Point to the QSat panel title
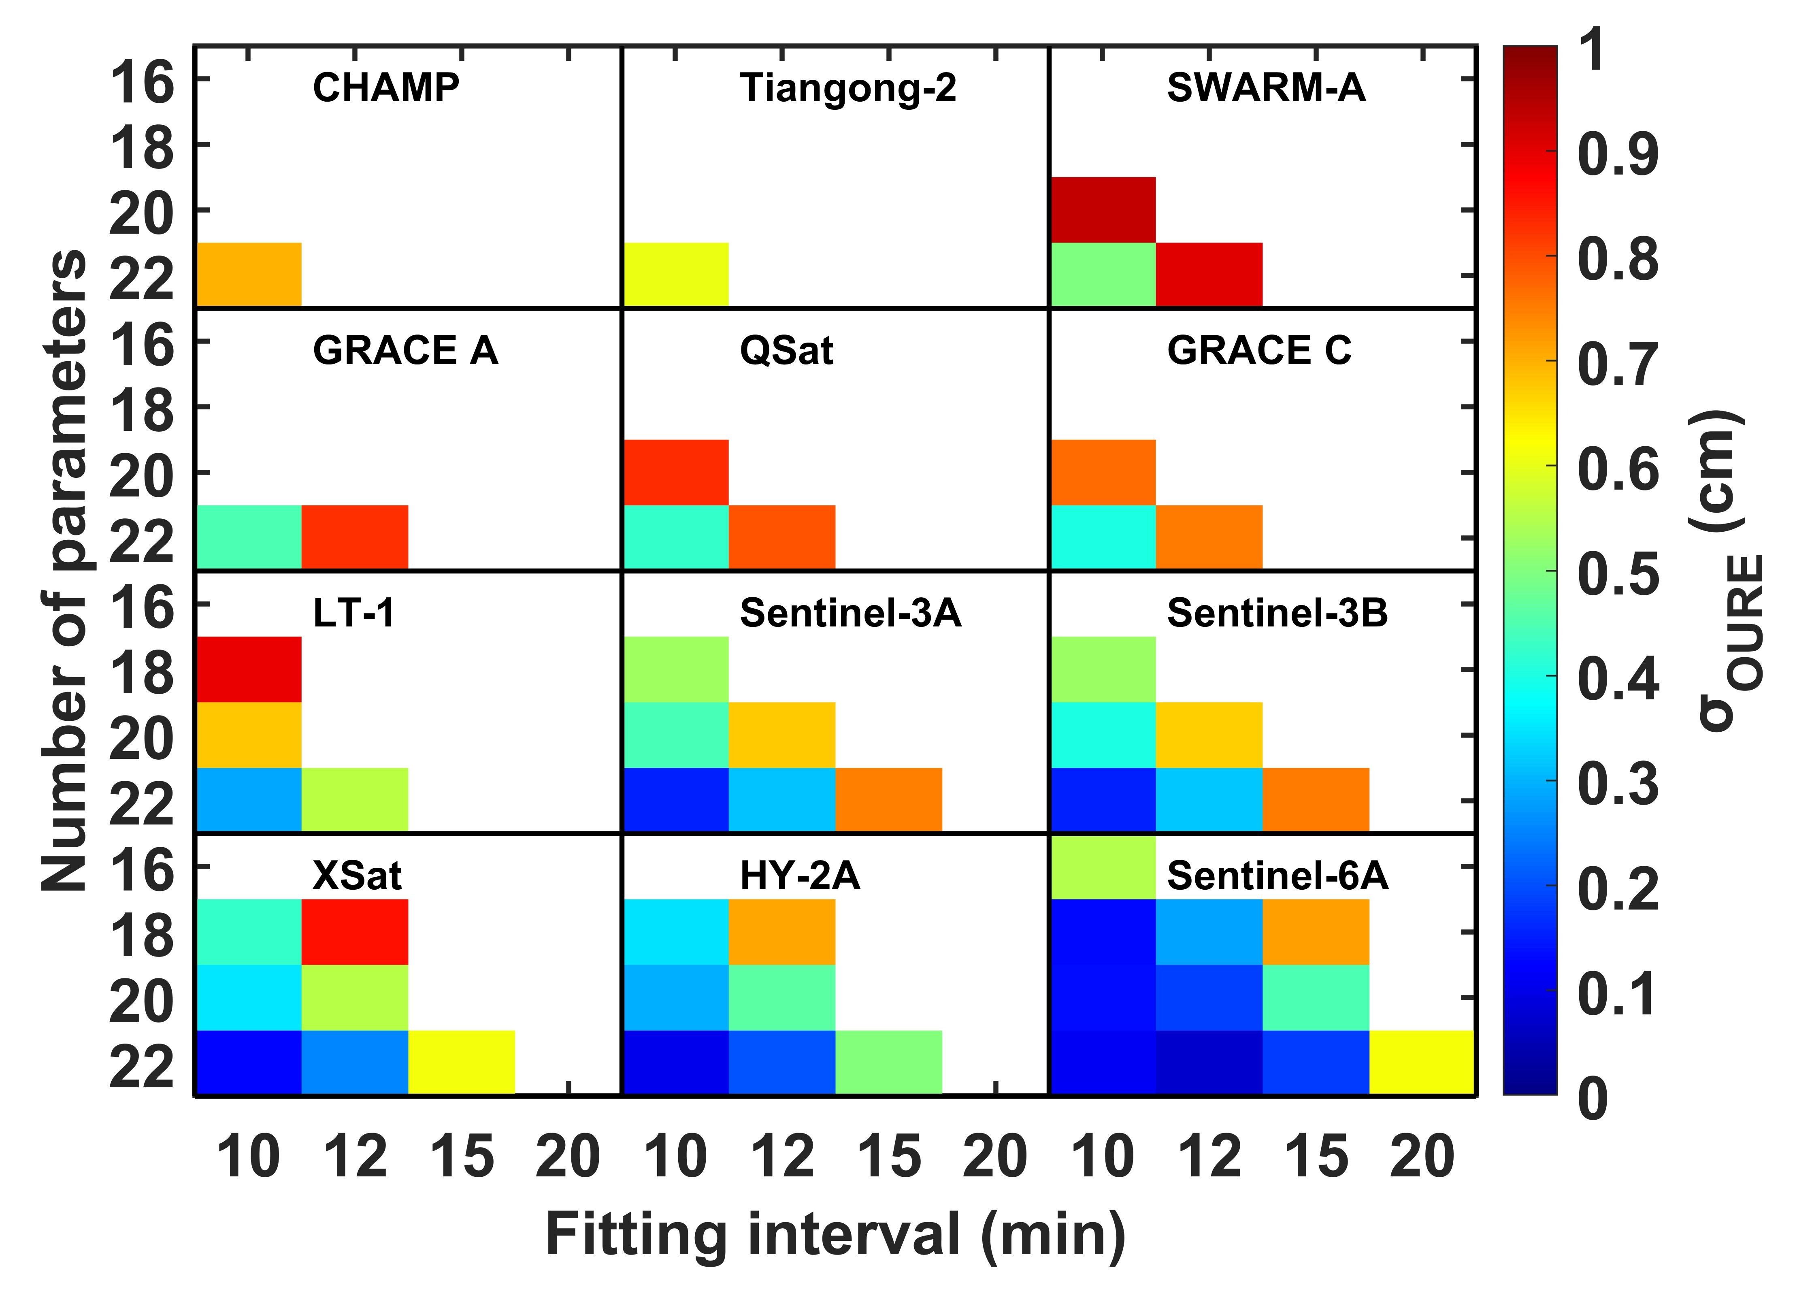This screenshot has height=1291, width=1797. pos(786,350)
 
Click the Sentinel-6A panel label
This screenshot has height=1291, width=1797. pos(1277,876)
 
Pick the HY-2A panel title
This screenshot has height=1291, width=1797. pos(799,876)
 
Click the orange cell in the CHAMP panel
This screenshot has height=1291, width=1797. pos(249,274)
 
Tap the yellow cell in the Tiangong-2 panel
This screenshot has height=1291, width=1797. pos(676,274)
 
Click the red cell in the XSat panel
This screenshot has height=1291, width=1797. pos(355,932)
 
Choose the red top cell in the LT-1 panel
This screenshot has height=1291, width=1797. pos(249,669)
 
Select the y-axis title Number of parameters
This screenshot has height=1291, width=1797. pos(65,571)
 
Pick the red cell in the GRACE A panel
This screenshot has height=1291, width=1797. pos(355,537)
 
